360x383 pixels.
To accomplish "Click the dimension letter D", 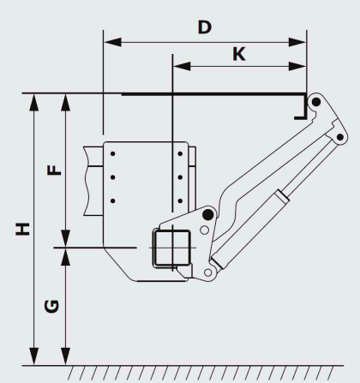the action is [x=205, y=27].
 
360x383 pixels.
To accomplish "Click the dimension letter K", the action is [x=239, y=54].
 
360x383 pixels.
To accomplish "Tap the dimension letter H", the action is [x=22, y=229].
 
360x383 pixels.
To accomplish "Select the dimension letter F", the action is [x=54, y=170].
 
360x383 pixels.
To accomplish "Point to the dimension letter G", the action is [x=51, y=306].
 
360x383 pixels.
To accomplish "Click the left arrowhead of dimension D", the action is [x=112, y=42].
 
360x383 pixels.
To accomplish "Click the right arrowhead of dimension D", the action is [x=297, y=42].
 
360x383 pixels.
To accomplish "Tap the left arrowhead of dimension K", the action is [x=182, y=66].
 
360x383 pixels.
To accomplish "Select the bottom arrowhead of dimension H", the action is [x=34, y=356].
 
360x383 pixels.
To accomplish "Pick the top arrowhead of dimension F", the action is [x=66, y=102].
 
